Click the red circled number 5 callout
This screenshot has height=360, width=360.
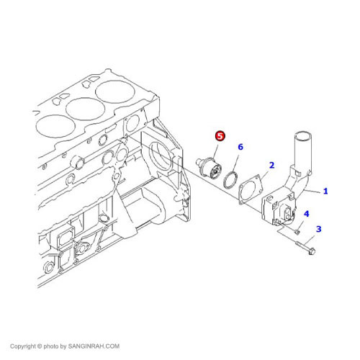220,135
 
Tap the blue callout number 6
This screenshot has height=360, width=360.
240,147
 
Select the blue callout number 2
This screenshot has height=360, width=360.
271,165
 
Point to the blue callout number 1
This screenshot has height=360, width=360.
325,192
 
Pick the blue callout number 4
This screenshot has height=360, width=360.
306,214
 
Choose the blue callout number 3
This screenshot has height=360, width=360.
319,229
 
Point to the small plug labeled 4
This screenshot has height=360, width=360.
296,230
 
